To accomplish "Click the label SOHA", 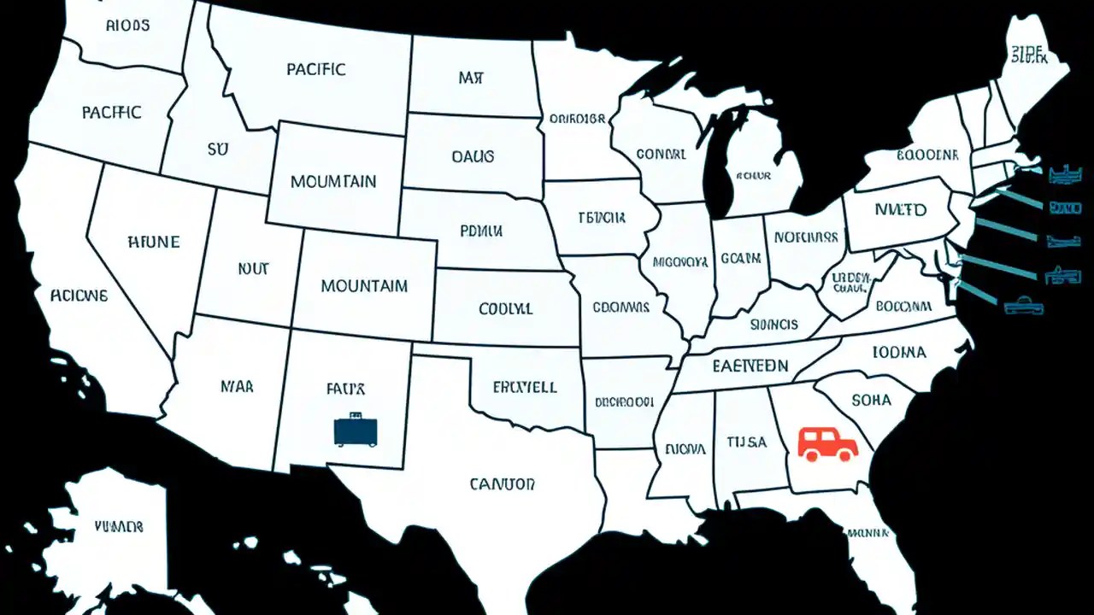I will (x=871, y=400).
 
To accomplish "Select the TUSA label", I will (x=747, y=442).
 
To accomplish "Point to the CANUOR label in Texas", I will (x=503, y=484).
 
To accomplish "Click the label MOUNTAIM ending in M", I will (x=364, y=286).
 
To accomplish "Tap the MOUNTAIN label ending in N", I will (x=333, y=182).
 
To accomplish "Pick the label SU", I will (x=218, y=149).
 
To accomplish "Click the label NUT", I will (x=253, y=268).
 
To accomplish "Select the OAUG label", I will (x=473, y=156).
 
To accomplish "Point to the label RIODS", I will (x=128, y=26).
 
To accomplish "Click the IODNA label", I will (x=899, y=351).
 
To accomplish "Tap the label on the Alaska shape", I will (x=118, y=526).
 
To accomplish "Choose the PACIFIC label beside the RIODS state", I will (x=112, y=112).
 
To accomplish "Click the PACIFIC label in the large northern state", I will (x=316, y=69).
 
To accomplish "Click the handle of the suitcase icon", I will (x=356, y=415).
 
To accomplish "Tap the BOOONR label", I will (x=927, y=155).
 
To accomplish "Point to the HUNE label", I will (x=153, y=242).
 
